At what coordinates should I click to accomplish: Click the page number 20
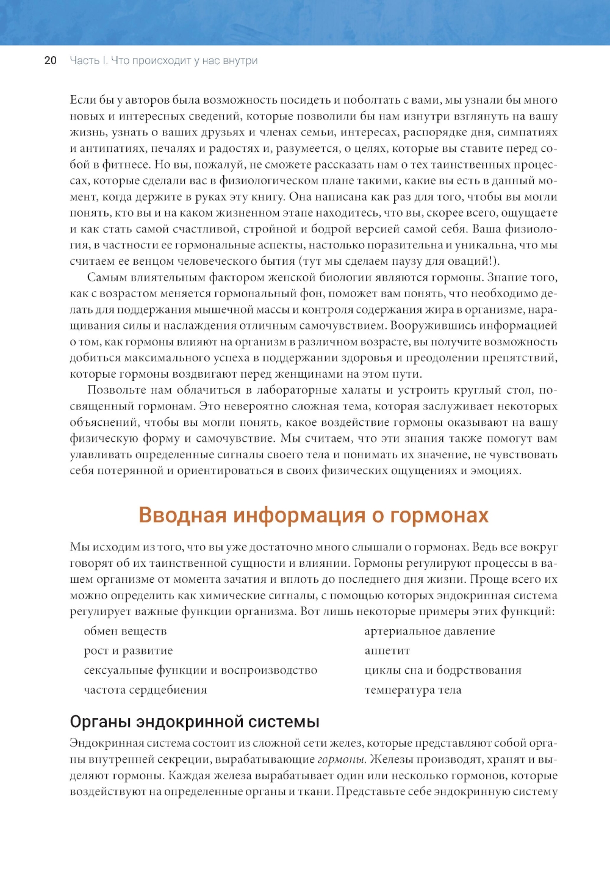tap(51, 60)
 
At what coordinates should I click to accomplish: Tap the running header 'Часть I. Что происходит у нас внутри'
tap(163, 60)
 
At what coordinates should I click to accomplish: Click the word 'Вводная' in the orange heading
tap(182, 515)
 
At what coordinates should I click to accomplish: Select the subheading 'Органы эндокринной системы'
tap(195, 722)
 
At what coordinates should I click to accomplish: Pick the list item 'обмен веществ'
tap(125, 631)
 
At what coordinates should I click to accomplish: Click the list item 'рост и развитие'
tap(128, 650)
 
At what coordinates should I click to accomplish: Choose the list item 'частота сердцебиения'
tap(145, 690)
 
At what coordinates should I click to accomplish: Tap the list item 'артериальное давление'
tap(429, 631)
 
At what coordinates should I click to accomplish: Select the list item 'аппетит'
tap(387, 650)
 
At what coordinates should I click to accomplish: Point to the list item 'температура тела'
tap(412, 690)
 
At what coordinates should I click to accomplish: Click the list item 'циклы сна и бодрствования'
tap(443, 670)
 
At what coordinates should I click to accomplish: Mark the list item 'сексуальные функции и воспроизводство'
tap(200, 670)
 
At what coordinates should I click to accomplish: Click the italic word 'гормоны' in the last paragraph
tap(342, 760)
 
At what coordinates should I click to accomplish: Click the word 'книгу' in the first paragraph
tap(267, 197)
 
